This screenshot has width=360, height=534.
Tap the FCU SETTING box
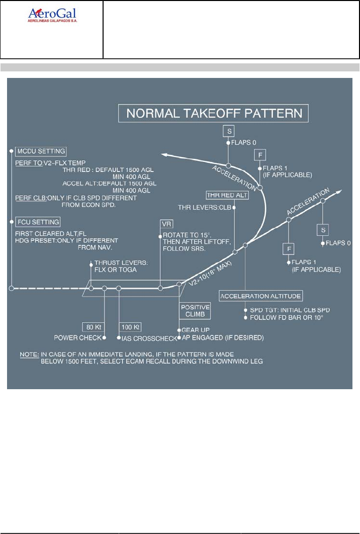coord(38,222)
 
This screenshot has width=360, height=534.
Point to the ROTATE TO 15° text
coord(185,235)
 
